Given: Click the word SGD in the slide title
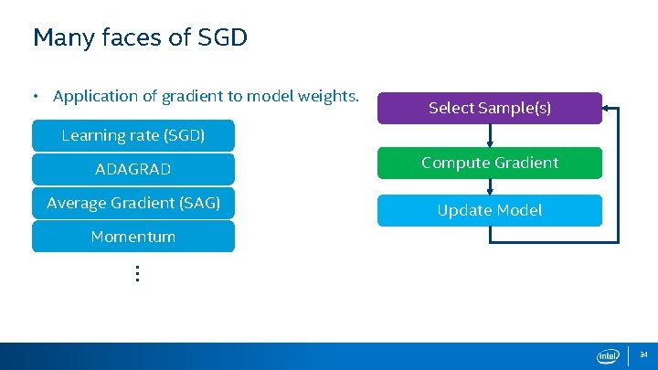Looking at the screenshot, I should click(x=223, y=38).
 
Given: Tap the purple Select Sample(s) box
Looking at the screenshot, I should click(x=490, y=108).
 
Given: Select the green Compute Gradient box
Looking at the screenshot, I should click(x=490, y=163).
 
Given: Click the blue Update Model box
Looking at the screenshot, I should click(x=490, y=210).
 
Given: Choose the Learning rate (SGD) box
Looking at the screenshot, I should click(x=133, y=135).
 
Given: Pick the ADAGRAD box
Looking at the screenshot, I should click(x=133, y=169).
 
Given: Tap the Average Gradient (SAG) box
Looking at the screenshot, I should click(x=133, y=203).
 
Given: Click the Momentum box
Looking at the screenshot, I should click(x=133, y=237).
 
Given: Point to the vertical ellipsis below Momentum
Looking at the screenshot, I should click(x=136, y=273).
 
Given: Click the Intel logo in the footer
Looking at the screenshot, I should click(x=609, y=355).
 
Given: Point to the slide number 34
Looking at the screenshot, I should click(x=643, y=354).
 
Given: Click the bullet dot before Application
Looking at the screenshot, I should click(x=35, y=96).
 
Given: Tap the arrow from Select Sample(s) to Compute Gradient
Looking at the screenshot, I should click(x=491, y=135).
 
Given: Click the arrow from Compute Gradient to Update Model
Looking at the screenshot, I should click(x=491, y=186).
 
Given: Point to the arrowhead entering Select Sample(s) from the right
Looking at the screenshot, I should click(x=609, y=108).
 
